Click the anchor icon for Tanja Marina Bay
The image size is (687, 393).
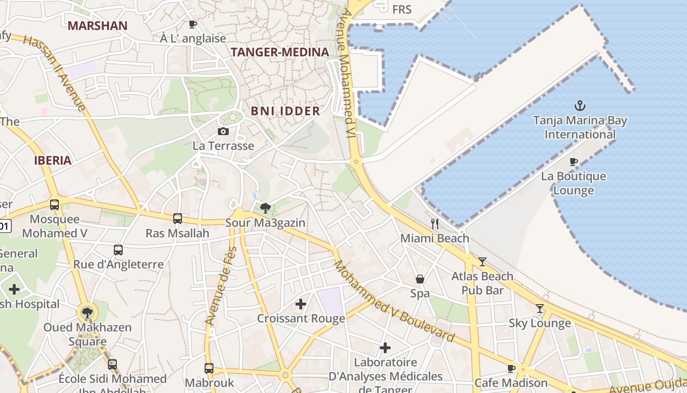click(x=580, y=105)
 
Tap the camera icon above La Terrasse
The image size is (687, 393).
click(x=223, y=131)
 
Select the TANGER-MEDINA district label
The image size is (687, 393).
click(x=280, y=52)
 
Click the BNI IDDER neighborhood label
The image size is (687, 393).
click(x=285, y=111)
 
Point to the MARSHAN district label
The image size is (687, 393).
click(x=97, y=26)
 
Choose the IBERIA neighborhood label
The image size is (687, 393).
click(x=53, y=160)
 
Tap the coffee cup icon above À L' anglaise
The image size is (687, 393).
click(x=193, y=24)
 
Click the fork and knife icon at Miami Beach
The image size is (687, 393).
click(x=434, y=224)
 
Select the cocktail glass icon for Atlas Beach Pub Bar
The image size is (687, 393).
click(x=482, y=262)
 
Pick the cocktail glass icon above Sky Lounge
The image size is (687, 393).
click(x=540, y=309)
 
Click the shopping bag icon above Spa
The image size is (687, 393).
click(x=420, y=279)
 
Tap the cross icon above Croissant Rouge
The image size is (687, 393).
click(x=301, y=304)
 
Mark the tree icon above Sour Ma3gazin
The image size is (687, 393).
click(x=265, y=208)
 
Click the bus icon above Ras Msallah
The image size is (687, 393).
click(x=178, y=219)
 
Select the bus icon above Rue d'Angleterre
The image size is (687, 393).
click(x=118, y=250)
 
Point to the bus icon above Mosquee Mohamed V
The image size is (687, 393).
click(x=54, y=204)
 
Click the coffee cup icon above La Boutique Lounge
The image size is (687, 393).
click(x=573, y=162)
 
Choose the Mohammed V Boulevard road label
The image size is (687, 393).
click(x=394, y=301)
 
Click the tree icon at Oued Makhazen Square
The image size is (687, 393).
click(x=87, y=312)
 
